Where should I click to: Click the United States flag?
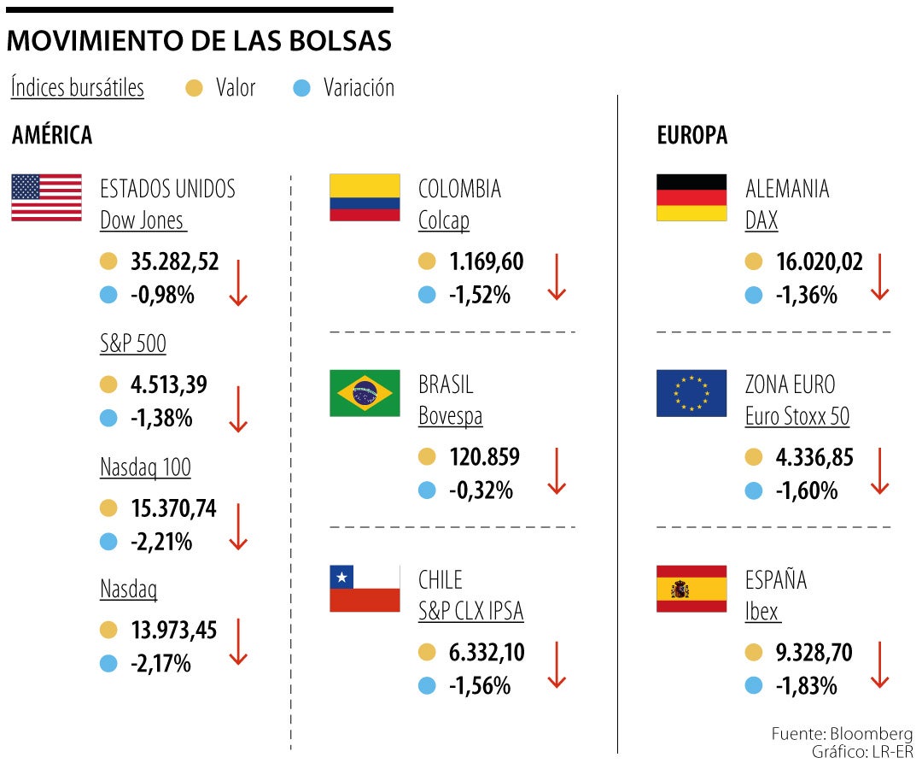tap(46, 197)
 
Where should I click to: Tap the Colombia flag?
tap(365, 197)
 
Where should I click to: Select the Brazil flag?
tap(365, 393)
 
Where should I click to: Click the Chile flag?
tap(365, 589)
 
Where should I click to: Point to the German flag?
tap(691, 197)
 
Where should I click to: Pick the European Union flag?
tap(691, 393)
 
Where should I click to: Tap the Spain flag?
tap(691, 589)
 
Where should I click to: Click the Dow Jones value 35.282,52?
tap(175, 261)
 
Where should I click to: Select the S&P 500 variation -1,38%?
tap(161, 419)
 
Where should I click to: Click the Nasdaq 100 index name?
tap(145, 467)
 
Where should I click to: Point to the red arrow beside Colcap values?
tap(557, 277)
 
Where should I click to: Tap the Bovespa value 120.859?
tap(484, 457)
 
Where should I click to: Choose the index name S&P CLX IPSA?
tap(470, 612)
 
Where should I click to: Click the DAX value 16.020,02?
tap(820, 261)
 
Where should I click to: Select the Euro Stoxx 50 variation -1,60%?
tap(807, 490)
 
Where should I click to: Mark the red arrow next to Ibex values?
tap(879, 666)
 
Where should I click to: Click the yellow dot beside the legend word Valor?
tap(195, 88)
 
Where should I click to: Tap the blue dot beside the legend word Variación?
tap(301, 88)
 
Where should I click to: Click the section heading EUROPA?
tap(691, 135)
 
